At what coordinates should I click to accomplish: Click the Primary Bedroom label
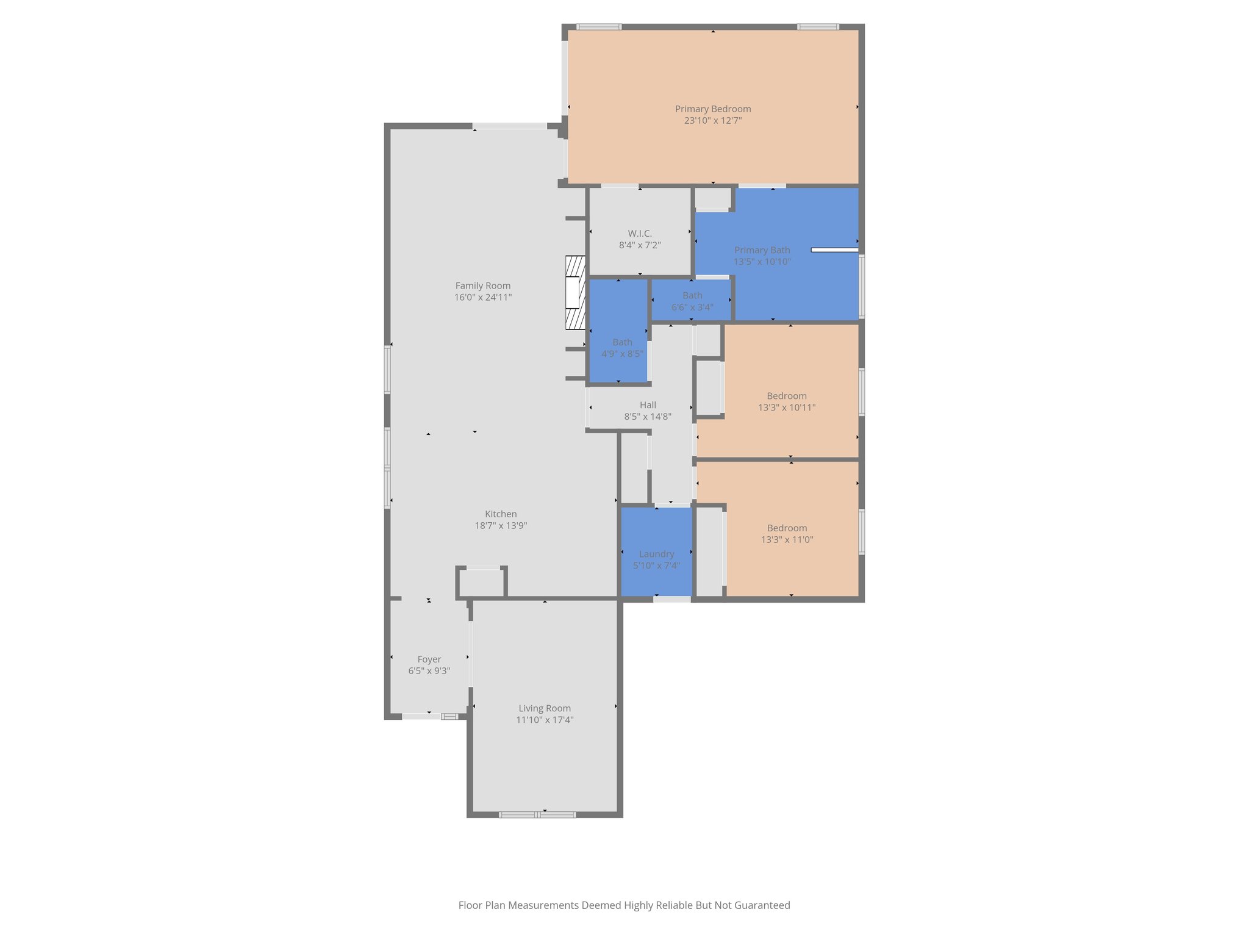[712, 109]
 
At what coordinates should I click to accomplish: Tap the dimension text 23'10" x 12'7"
[712, 121]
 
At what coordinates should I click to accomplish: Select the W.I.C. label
[640, 234]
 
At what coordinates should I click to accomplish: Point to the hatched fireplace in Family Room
[574, 293]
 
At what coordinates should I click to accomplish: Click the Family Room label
[482, 285]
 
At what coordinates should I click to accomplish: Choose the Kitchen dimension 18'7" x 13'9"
[501, 526]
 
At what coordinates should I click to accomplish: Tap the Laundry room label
[656, 554]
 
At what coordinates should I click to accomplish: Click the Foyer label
[429, 659]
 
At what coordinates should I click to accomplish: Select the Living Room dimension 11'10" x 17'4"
[545, 720]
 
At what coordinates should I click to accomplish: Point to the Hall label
[648, 405]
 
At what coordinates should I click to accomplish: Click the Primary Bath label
[762, 250]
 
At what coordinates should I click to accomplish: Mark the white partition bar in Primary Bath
[834, 250]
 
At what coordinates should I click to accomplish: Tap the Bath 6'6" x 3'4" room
[692, 301]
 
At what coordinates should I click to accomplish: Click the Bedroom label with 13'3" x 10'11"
[787, 396]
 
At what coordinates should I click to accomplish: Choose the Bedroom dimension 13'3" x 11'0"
[787, 540]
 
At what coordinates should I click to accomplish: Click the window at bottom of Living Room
[537, 814]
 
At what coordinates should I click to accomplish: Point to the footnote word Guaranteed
[762, 905]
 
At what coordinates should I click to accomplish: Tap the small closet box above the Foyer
[482, 583]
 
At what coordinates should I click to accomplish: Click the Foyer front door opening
[421, 717]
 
